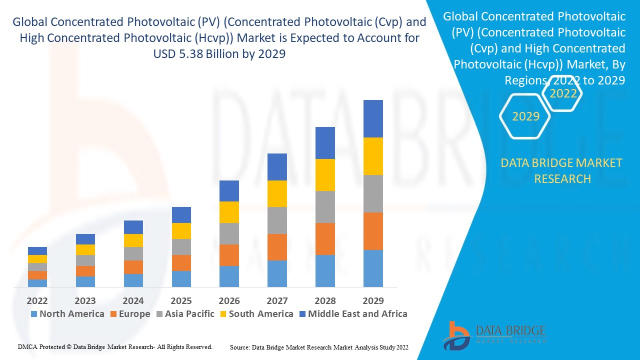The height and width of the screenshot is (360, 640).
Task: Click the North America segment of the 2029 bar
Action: click(x=373, y=268)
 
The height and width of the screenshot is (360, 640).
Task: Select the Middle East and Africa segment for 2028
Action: click(x=325, y=143)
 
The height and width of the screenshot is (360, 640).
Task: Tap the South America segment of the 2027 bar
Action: click(x=277, y=193)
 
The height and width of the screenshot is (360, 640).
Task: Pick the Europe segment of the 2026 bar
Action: click(x=229, y=255)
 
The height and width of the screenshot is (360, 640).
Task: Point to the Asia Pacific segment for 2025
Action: click(x=181, y=247)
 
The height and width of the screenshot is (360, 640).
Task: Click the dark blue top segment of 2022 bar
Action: click(x=37, y=251)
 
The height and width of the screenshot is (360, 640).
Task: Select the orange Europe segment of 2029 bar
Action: click(x=373, y=231)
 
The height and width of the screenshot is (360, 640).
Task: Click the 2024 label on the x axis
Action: click(x=133, y=300)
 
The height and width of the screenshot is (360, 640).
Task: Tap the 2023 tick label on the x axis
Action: click(x=85, y=300)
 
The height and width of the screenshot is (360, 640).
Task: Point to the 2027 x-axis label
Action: click(x=277, y=300)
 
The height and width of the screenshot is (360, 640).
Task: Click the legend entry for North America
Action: click(x=67, y=314)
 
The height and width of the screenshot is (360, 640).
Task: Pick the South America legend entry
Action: click(x=256, y=314)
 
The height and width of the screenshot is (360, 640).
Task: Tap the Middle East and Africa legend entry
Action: click(x=352, y=314)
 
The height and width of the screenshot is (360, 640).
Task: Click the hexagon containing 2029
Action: click(x=525, y=116)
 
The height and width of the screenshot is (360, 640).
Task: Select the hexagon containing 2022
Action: click(x=563, y=93)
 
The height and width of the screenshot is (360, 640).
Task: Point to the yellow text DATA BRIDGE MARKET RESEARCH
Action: click(x=562, y=170)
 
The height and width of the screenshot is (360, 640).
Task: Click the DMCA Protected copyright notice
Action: click(x=115, y=346)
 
